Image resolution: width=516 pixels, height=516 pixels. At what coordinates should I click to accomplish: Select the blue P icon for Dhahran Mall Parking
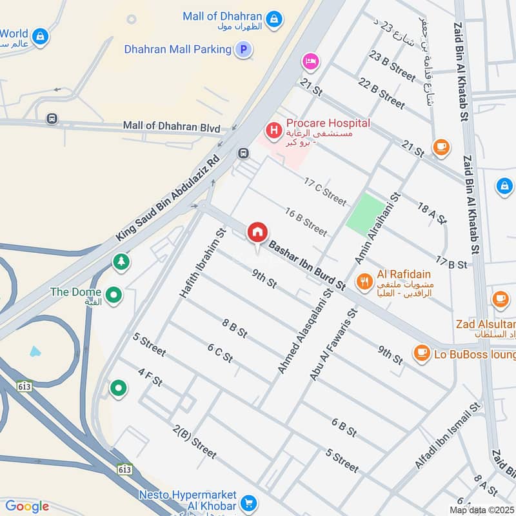pos(243,49)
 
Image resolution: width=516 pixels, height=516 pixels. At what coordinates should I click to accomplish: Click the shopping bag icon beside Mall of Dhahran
pos(275,17)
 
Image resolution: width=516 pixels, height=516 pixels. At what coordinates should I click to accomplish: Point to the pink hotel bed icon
pos(310,61)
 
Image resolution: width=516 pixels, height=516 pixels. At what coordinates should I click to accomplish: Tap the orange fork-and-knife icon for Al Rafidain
pos(364,281)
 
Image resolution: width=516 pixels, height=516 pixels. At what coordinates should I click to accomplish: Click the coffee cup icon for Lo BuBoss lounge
pos(422,353)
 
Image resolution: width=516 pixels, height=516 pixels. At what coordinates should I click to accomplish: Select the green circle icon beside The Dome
pos(114,295)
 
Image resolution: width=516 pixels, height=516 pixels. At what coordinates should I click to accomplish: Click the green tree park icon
pos(120,262)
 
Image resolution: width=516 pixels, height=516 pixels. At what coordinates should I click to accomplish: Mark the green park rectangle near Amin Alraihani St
pos(364,213)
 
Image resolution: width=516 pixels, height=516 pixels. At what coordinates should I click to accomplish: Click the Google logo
pos(27,506)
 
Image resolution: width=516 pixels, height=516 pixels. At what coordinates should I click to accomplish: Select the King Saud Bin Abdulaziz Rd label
pos(167,198)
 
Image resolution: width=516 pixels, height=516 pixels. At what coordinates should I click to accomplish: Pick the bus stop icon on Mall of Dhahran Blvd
pos(51,119)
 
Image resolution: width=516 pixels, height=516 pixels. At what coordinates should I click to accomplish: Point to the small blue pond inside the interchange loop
pos(35,352)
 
